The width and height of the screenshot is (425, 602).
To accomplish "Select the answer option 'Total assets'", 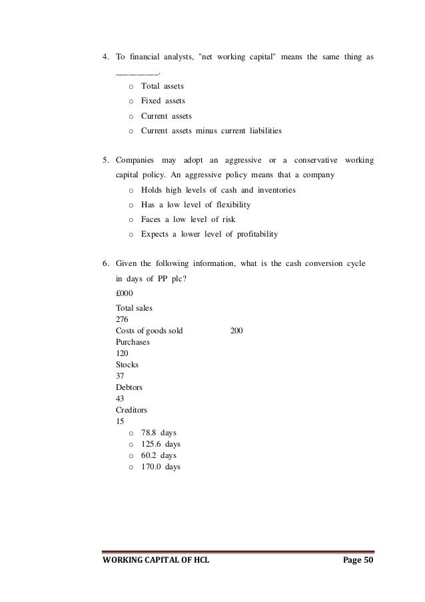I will click(x=162, y=87).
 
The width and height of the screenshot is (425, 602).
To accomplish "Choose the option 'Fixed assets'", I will click(x=163, y=101).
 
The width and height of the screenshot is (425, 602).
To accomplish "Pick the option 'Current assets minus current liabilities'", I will click(x=211, y=131).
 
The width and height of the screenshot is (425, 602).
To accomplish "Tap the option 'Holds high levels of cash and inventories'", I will click(x=218, y=190).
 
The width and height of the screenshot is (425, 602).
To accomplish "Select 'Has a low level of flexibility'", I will click(x=196, y=205).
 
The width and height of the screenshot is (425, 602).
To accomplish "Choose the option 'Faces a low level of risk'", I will click(x=188, y=219).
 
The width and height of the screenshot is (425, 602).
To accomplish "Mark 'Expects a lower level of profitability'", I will click(x=209, y=234).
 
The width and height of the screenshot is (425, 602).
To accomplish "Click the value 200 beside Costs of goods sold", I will click(x=236, y=331).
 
